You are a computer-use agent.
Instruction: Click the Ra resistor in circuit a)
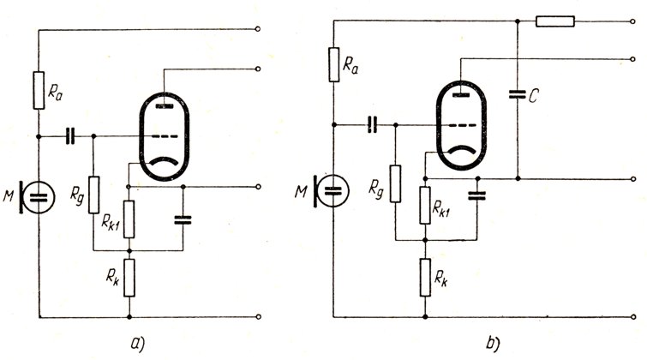(39, 90)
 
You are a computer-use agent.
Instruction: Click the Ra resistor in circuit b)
(335, 63)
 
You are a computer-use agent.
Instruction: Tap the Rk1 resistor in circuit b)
(426, 203)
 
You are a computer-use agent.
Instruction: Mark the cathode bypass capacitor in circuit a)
(183, 219)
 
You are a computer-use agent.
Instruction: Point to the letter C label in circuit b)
(534, 96)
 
